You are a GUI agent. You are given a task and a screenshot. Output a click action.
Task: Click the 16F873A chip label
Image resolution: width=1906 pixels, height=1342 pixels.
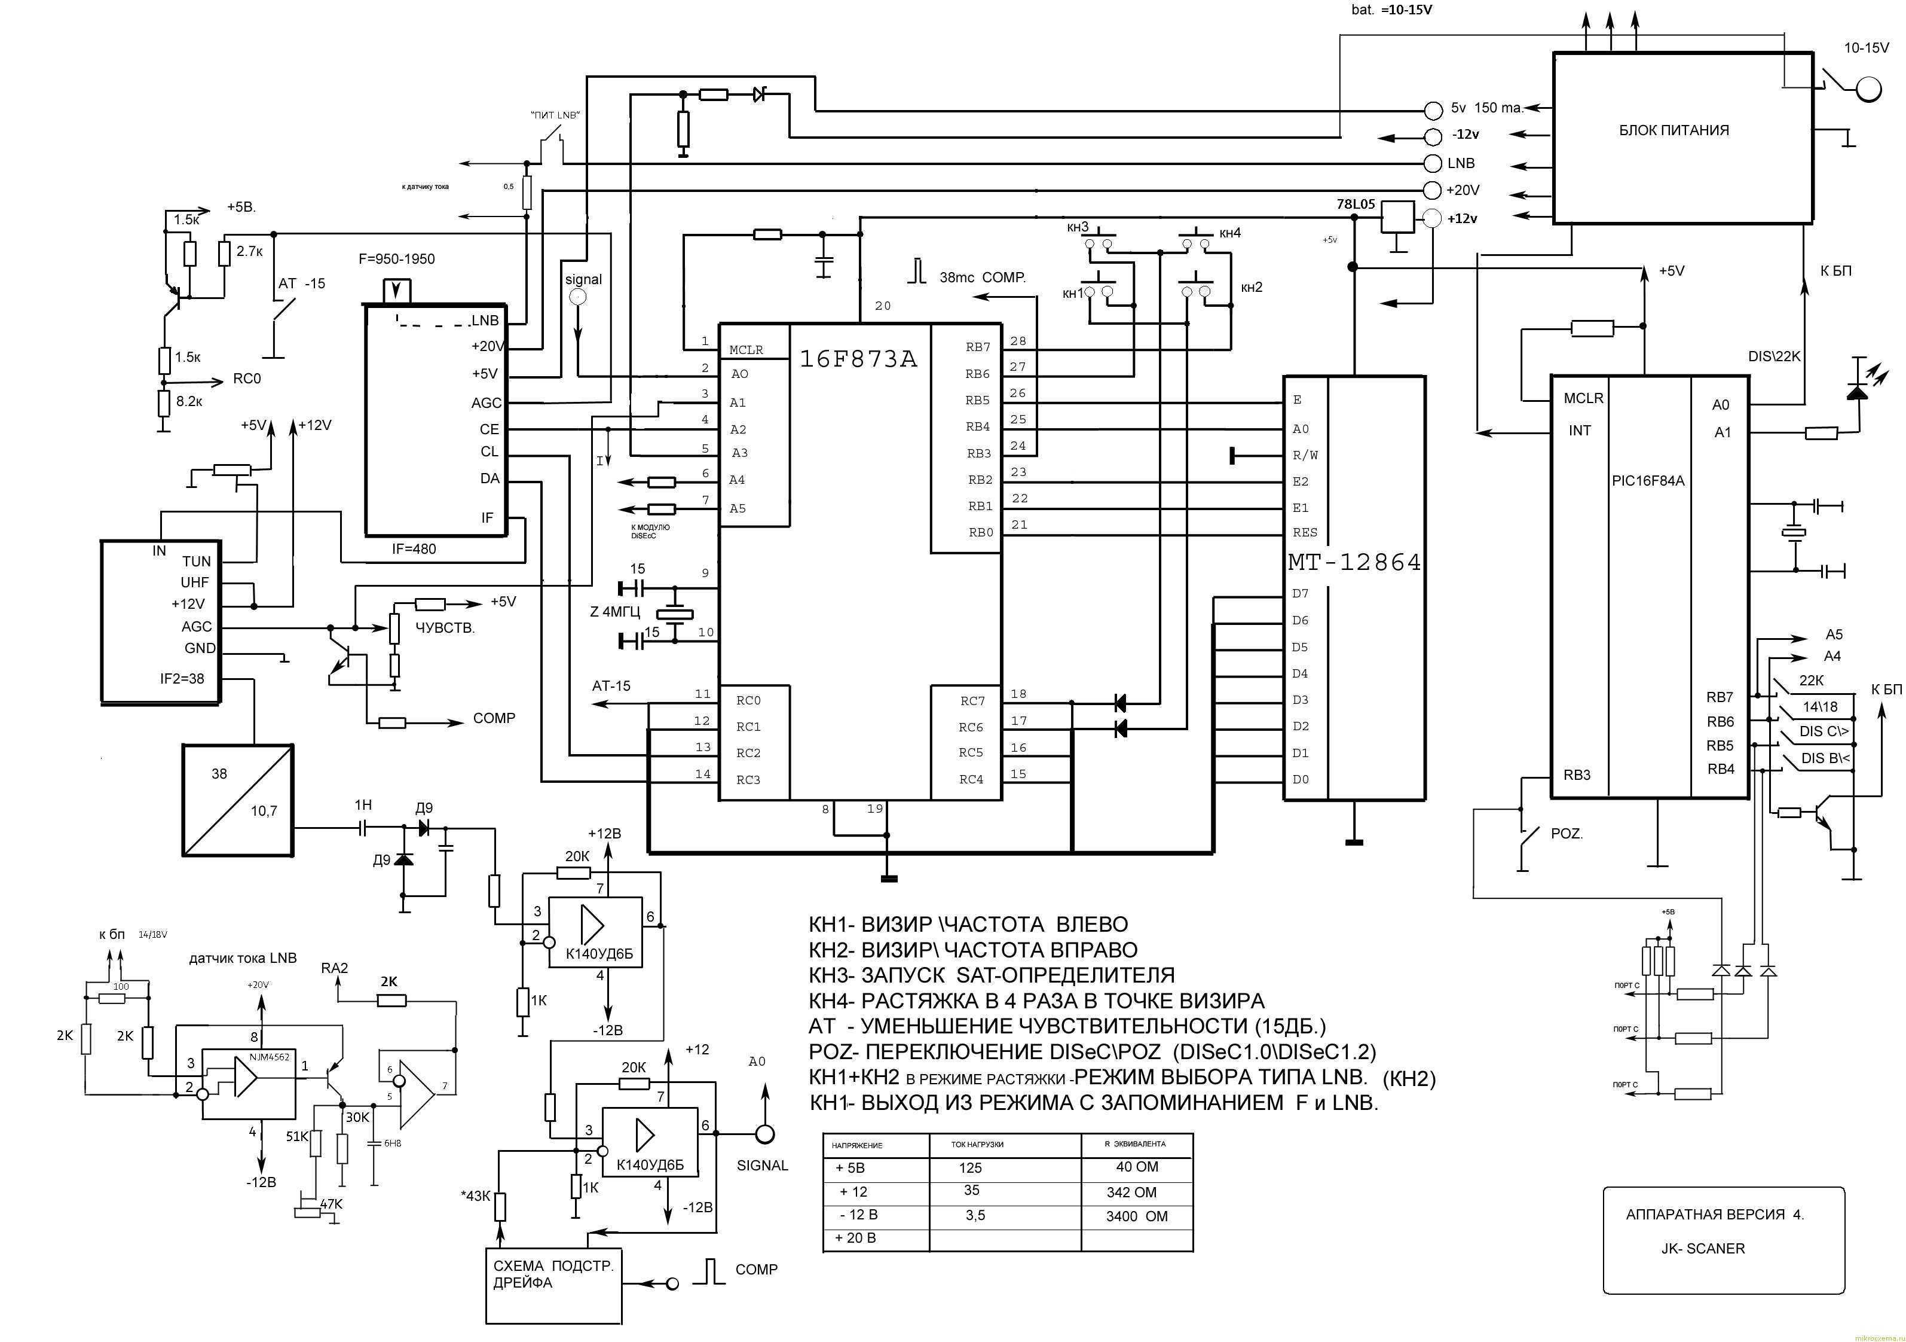coord(858,359)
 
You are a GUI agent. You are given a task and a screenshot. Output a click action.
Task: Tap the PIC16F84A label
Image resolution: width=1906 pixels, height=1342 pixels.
coord(1648,481)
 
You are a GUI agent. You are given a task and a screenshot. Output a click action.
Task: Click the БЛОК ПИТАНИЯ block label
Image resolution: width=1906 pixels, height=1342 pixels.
coord(1674,130)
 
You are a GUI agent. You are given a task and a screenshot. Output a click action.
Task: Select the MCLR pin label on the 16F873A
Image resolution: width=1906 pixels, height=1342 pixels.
coord(747,350)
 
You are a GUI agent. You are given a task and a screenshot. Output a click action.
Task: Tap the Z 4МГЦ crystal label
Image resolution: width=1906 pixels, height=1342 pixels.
coord(614,612)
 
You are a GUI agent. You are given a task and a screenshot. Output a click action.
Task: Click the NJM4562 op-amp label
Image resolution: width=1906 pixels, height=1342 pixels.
coord(270,1057)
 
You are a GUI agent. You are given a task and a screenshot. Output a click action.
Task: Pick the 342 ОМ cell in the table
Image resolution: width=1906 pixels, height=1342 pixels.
coord(1131,1192)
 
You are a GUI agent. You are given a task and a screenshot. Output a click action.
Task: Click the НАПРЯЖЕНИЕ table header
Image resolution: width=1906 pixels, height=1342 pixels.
coord(856,1145)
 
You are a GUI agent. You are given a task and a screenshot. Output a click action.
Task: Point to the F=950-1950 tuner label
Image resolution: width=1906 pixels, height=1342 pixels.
coord(396,259)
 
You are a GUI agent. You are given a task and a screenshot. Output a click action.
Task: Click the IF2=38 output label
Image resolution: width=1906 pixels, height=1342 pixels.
coord(182,678)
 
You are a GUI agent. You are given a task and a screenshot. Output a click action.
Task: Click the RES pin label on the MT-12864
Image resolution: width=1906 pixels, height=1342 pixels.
coord(1304,533)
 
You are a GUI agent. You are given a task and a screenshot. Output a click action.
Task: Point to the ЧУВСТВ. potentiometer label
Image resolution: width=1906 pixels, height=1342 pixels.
coord(445,628)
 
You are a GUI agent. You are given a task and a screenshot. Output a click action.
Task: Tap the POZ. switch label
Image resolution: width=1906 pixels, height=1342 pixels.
coord(1567,834)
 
